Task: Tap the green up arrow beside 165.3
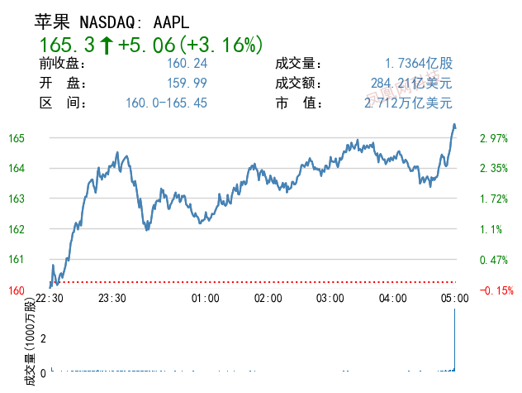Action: point(107,45)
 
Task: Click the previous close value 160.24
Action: point(187,64)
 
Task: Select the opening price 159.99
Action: point(187,84)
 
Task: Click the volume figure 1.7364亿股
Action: point(419,64)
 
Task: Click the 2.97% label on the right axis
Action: point(492,138)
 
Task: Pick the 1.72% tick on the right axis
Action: point(492,199)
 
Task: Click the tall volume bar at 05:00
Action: point(455,339)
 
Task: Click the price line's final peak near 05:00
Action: point(454,125)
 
